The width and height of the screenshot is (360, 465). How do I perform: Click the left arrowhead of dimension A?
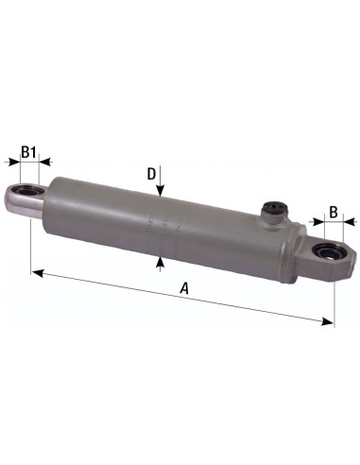click(37, 273)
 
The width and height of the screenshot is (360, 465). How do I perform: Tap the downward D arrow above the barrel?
click(162, 193)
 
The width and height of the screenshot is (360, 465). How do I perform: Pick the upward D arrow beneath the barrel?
click(162, 260)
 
